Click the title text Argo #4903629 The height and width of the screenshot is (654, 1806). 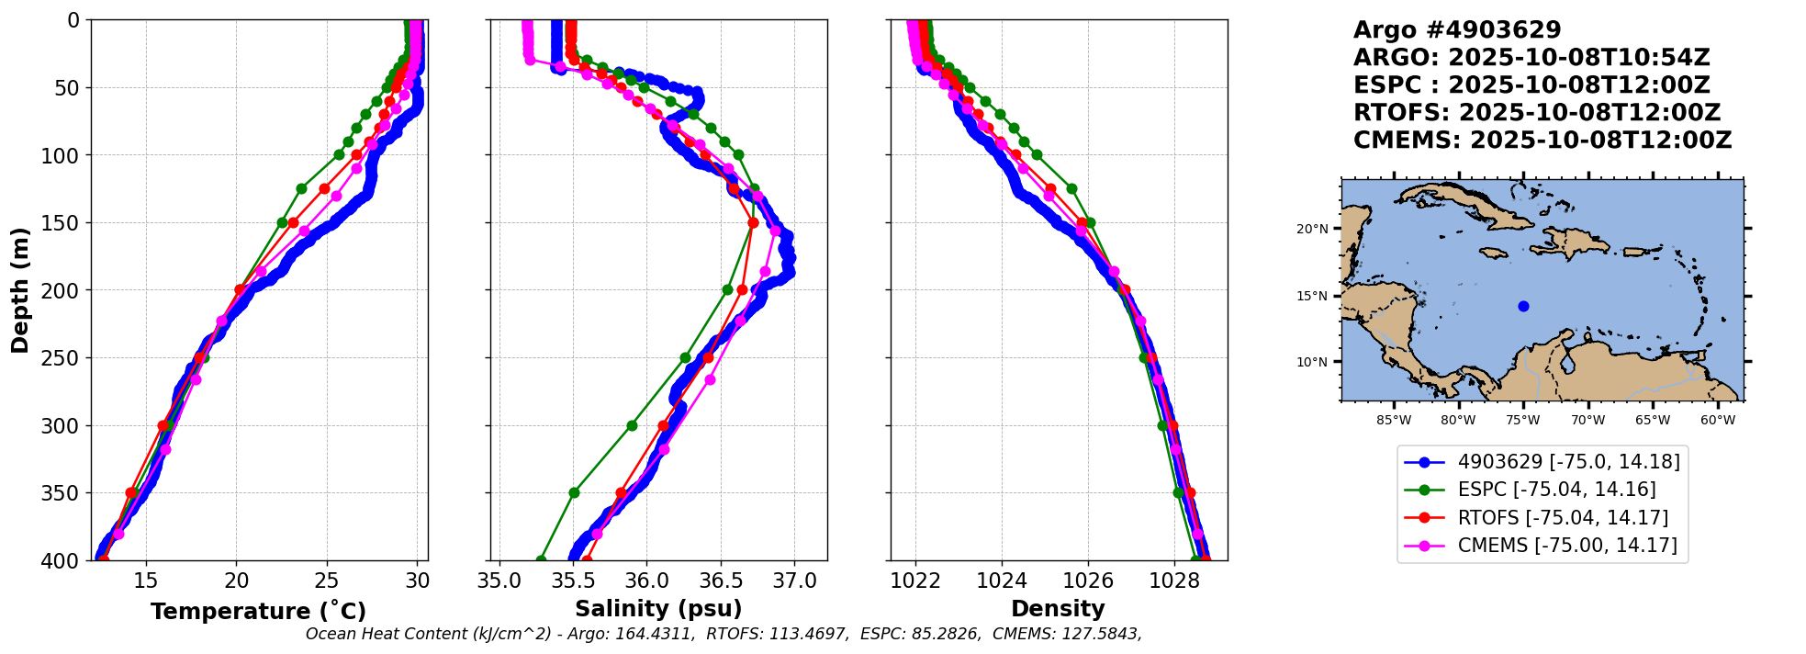1456,30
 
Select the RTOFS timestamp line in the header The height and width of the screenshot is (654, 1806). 1536,113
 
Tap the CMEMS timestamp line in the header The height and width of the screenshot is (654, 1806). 1542,141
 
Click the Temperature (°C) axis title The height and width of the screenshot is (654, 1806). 258,611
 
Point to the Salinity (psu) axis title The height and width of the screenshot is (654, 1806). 657,609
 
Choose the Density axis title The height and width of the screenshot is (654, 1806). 1058,609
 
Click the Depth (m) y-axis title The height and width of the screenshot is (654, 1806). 19,289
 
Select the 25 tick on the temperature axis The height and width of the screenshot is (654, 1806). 327,581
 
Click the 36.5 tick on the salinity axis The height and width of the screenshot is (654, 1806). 721,581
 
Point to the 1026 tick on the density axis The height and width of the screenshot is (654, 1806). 1088,581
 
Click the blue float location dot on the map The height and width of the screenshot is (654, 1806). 1523,306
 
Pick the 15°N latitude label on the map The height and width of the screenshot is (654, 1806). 1312,296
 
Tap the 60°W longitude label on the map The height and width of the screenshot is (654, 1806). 1717,421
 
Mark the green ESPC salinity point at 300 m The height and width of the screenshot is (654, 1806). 632,425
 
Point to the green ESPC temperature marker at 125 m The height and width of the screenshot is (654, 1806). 301,188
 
